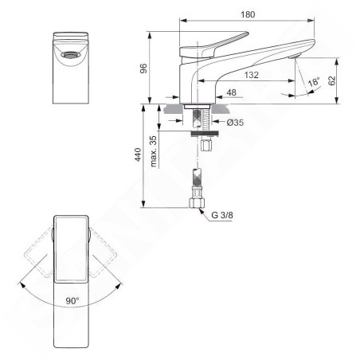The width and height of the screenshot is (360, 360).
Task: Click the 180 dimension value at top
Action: tap(248, 14)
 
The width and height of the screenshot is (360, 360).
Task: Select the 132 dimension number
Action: tap(251, 75)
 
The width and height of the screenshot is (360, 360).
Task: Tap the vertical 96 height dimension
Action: tap(143, 68)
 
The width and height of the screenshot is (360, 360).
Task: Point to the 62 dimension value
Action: tap(332, 80)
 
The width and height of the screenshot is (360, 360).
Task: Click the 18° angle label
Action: tap(314, 81)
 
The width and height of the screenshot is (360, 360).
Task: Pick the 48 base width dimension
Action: tap(231, 92)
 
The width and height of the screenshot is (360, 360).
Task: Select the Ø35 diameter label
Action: tap(235, 123)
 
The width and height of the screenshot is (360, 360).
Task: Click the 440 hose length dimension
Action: tap(138, 155)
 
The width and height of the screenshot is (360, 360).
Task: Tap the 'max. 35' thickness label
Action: tap(154, 151)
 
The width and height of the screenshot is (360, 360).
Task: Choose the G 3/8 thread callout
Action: tap(222, 215)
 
